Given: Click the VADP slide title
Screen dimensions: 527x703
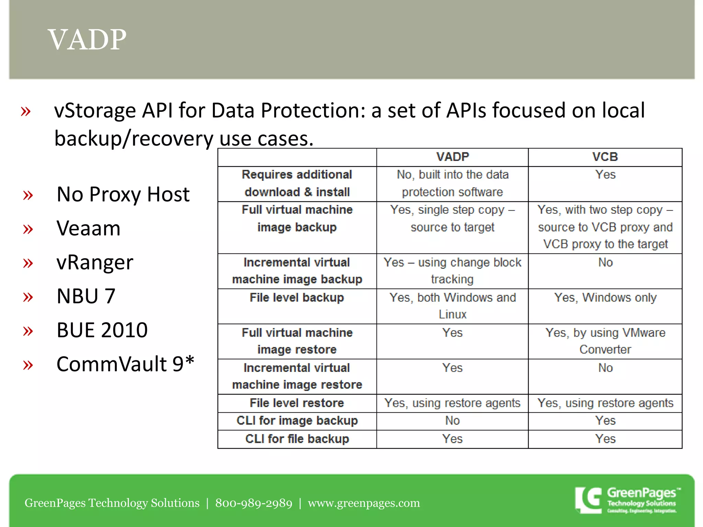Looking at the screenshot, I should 87,39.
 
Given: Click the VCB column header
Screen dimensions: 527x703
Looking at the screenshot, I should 605,157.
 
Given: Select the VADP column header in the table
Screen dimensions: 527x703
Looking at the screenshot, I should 452,157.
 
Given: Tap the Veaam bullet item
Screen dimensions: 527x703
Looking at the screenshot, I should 89,229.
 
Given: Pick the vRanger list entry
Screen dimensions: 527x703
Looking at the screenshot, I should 95,262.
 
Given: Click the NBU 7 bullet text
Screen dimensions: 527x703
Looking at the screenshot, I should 86,296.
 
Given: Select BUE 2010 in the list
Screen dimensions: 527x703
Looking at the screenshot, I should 102,330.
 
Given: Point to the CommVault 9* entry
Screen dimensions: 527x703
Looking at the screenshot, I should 125,364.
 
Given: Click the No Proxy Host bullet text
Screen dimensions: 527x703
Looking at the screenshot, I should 123,195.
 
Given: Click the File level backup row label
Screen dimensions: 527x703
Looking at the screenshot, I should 297,298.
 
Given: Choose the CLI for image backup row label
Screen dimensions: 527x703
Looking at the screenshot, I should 297,421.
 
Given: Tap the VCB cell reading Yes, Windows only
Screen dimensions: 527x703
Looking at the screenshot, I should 605,298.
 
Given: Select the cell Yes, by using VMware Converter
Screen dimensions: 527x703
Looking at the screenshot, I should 605,341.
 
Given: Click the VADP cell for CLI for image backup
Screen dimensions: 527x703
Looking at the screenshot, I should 452,421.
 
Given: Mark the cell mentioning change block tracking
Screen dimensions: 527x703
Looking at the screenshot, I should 452,271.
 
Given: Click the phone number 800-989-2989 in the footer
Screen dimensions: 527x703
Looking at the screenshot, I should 254,503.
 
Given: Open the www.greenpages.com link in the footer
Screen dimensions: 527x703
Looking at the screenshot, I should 364,503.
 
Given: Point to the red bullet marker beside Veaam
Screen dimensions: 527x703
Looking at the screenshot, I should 28,229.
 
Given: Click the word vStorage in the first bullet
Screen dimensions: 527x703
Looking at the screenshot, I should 95,111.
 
